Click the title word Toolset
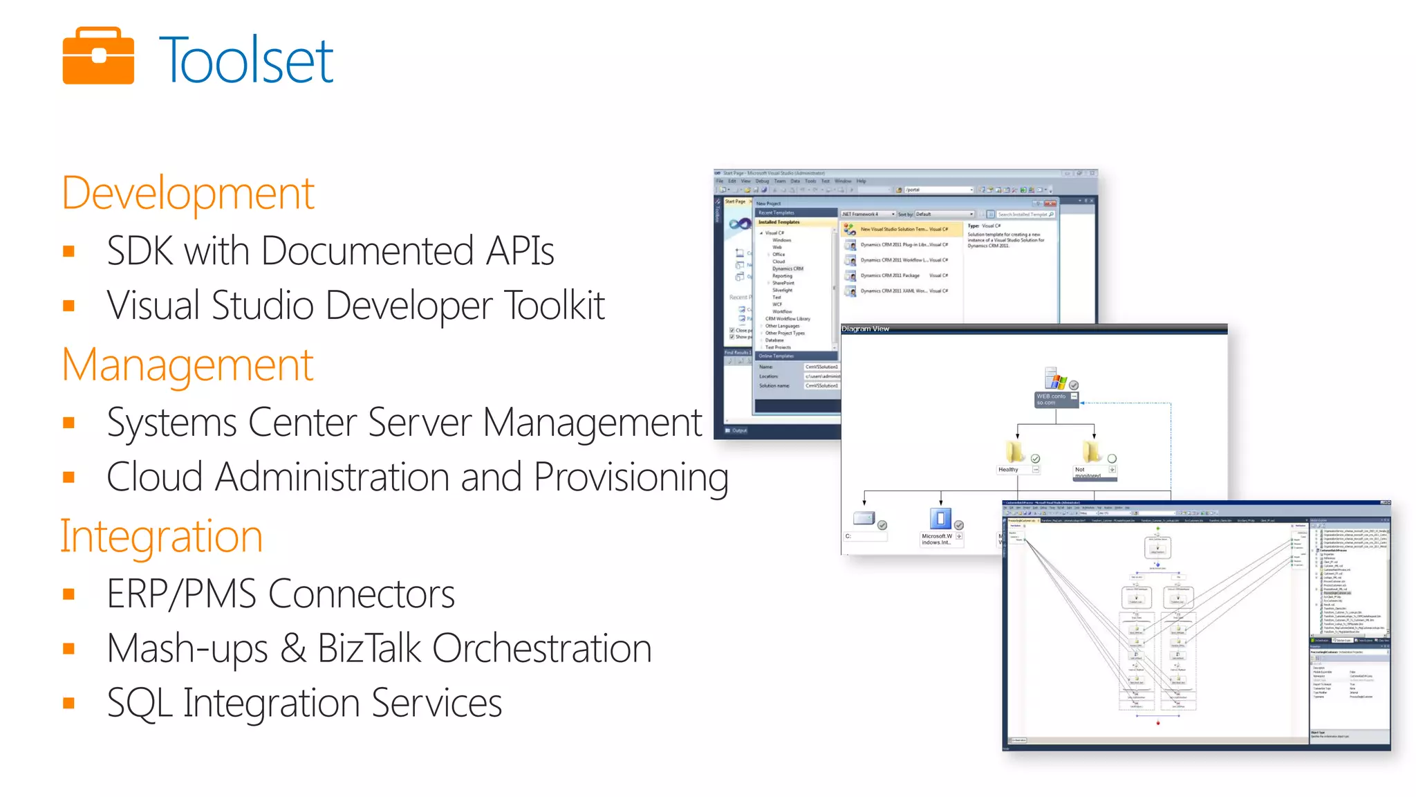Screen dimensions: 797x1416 [x=246, y=61]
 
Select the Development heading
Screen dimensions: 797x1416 [x=188, y=193]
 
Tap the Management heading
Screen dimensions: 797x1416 [x=187, y=365]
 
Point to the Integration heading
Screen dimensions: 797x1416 [x=162, y=536]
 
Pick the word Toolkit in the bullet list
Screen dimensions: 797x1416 [x=555, y=305]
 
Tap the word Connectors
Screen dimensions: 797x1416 [x=362, y=594]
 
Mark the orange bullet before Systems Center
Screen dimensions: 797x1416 [x=68, y=423]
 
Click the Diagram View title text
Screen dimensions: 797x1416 [x=865, y=329]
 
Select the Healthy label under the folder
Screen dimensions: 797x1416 [x=1008, y=470]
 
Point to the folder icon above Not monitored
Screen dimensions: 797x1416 [x=1091, y=452]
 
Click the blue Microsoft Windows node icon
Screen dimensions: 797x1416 [x=940, y=518]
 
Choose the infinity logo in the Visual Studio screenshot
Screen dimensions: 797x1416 [x=740, y=223]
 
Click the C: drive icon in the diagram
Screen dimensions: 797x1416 [x=864, y=518]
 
